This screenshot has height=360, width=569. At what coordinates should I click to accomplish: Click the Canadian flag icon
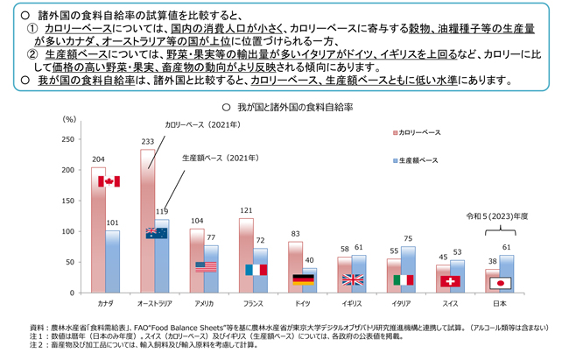tap(109, 181)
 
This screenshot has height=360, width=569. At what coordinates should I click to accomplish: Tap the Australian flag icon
tap(157, 233)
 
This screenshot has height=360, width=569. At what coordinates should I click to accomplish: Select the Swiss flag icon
tap(450, 281)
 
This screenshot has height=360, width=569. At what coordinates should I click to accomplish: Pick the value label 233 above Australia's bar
tap(147, 142)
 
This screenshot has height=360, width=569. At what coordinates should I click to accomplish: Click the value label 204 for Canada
tap(98, 160)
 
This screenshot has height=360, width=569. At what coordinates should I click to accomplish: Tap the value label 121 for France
tap(246, 211)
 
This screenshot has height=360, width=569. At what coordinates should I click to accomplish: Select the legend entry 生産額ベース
tap(418, 160)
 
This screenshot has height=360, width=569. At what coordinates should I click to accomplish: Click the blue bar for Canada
tap(112, 261)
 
